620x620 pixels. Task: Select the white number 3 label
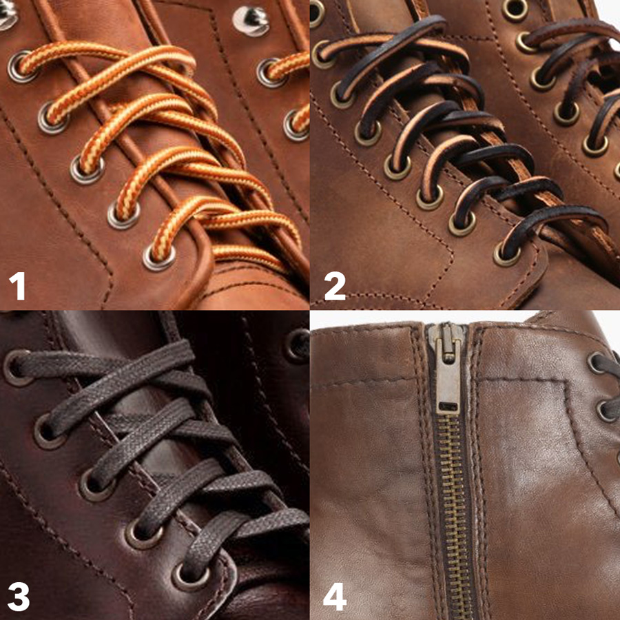(x=18, y=596)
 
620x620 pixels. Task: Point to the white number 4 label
(x=334, y=596)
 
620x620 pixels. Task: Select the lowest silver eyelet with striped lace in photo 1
(x=158, y=257)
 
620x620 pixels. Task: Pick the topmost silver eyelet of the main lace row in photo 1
(x=21, y=66)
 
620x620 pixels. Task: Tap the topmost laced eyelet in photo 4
(x=598, y=363)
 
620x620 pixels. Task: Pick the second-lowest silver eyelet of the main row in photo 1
(x=123, y=215)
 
